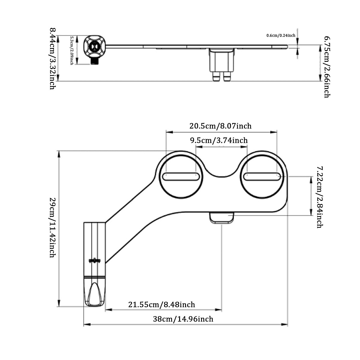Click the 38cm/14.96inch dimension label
[x=183, y=319]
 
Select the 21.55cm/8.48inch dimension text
[x=162, y=305]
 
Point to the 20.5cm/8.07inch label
[x=220, y=126]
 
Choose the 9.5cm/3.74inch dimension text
[x=219, y=140]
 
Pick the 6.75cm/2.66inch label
[x=326, y=67]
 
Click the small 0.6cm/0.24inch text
[x=281, y=35]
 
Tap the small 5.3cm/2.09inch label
[x=72, y=51]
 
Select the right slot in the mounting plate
[x=262, y=176]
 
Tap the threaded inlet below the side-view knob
[x=95, y=61]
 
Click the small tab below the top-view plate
[x=222, y=218]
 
